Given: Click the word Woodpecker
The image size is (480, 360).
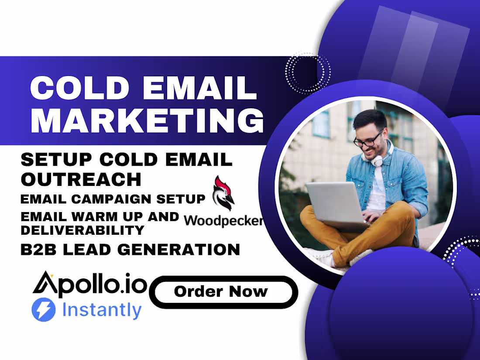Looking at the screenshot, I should pyautogui.click(x=223, y=220).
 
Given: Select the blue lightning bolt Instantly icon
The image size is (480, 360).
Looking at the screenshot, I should pyautogui.click(x=44, y=310).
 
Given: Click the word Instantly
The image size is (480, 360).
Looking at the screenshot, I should pyautogui.click(x=102, y=310).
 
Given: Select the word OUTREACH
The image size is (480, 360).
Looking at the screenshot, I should pyautogui.click(x=81, y=179).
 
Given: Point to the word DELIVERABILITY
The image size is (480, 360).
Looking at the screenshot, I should pyautogui.click(x=82, y=230).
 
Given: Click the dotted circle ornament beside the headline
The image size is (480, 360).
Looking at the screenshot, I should pyautogui.click(x=308, y=72).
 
